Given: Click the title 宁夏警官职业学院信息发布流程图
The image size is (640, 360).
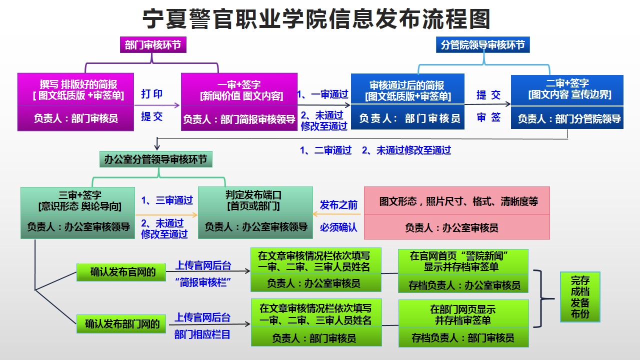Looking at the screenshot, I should coord(316,19).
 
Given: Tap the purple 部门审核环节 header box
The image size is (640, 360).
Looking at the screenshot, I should coord(152,45).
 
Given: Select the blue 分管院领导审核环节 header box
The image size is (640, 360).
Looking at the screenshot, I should coord(483,45).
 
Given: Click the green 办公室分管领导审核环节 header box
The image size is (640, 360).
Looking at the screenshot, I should coord(156,160).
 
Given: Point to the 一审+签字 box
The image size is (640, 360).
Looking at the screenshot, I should coord(239,102).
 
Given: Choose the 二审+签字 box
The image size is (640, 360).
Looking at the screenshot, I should coord(567,102).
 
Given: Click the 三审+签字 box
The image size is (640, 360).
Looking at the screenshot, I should coord(78,212).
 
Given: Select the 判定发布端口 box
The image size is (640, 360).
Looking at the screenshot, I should coord(255,212).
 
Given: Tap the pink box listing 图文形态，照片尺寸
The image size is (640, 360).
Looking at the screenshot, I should coord(457,213).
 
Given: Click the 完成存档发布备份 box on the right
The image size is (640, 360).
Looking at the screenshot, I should coord(580,296).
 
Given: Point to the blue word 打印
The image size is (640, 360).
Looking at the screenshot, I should coord(152,94).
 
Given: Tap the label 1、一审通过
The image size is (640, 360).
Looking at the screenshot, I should coord(323,94).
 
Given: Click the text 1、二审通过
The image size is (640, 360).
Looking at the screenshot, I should coord(326,150).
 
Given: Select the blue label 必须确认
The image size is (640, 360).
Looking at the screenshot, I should coord(339,227).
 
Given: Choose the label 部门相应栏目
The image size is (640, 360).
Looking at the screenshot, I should coord(202,334).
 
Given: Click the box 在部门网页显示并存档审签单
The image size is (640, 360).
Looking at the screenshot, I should coord(463,323).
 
